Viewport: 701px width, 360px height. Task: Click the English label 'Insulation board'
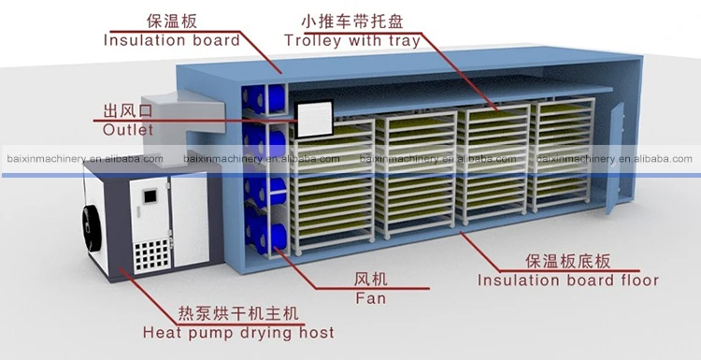click(x=171, y=40)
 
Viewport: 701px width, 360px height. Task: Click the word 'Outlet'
click(x=128, y=130)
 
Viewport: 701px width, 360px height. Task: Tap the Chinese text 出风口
click(x=128, y=110)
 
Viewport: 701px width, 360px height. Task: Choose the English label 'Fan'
click(x=370, y=299)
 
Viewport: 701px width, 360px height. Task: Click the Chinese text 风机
click(x=370, y=280)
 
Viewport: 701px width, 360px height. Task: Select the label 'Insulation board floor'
click(x=568, y=280)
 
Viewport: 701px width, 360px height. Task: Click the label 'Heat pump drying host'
click(x=238, y=331)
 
